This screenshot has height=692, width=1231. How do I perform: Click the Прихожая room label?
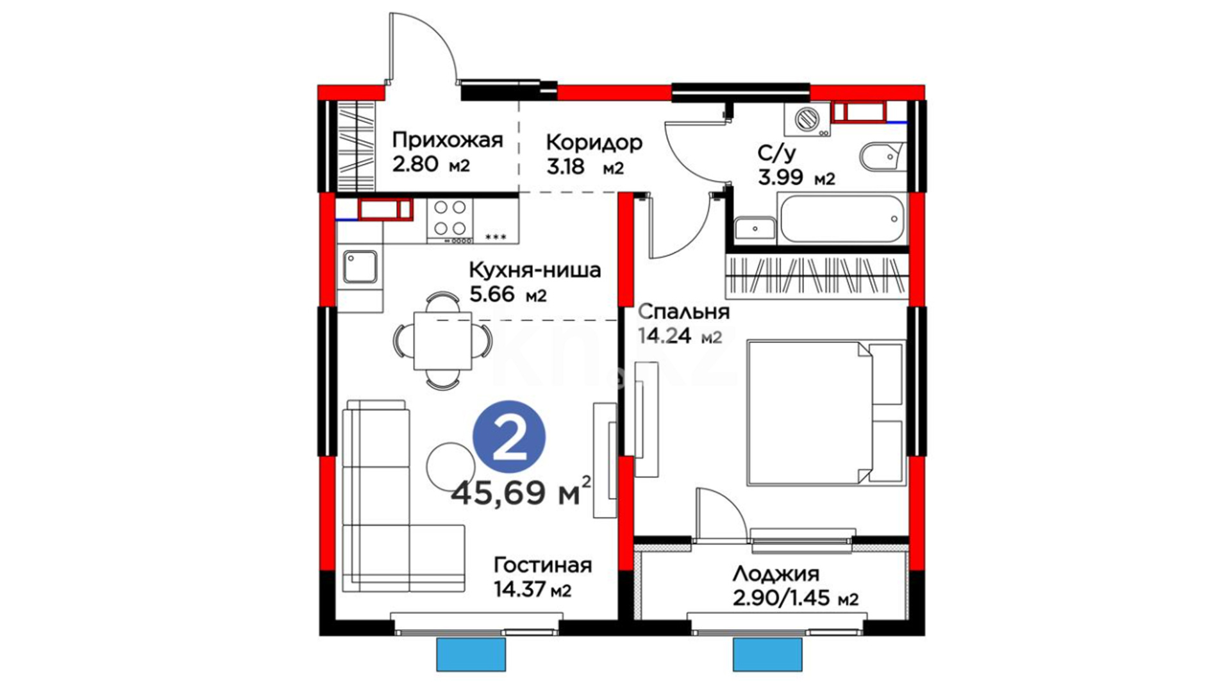click(x=448, y=140)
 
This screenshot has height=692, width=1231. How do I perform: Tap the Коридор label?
click(x=594, y=142)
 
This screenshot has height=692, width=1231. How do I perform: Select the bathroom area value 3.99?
click(x=780, y=177)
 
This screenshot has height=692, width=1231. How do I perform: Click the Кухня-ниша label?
click(x=535, y=270)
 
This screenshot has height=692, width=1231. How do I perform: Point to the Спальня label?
click(x=684, y=312)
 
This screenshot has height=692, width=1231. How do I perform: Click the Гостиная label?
click(x=542, y=565)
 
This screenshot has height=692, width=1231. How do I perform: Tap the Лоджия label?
click(x=776, y=573)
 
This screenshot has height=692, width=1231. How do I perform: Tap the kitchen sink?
click(x=360, y=267)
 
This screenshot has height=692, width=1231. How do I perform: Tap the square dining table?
click(x=442, y=340)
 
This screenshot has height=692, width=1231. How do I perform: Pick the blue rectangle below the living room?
click(x=471, y=654)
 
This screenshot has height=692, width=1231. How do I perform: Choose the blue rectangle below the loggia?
click(x=767, y=654)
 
